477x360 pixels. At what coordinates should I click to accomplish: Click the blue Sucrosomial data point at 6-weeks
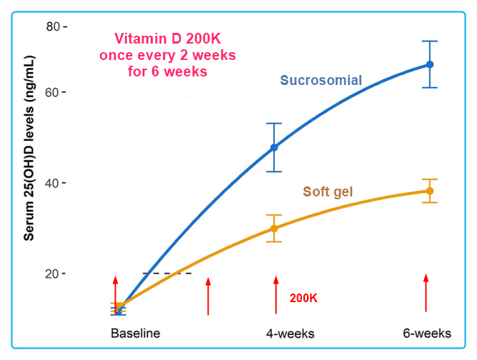pyautogui.click(x=430, y=64)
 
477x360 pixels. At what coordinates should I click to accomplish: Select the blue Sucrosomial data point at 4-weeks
pyautogui.click(x=274, y=148)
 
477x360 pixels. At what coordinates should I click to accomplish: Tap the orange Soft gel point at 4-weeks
pyautogui.click(x=274, y=229)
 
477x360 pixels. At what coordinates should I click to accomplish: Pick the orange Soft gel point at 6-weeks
pyautogui.click(x=430, y=191)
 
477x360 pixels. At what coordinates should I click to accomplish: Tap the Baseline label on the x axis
pyautogui.click(x=135, y=334)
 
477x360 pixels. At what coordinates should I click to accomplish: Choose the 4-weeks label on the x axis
pyautogui.click(x=290, y=334)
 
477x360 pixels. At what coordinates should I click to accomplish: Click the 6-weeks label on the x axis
pyautogui.click(x=426, y=334)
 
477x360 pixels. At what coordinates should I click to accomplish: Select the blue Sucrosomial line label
pyautogui.click(x=321, y=80)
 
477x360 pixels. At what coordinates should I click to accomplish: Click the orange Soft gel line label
pyautogui.click(x=328, y=191)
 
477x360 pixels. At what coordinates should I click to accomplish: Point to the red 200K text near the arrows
pyautogui.click(x=303, y=298)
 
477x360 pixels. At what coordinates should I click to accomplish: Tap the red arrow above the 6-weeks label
pyautogui.click(x=426, y=293)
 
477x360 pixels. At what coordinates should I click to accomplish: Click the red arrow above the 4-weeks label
pyautogui.click(x=276, y=294)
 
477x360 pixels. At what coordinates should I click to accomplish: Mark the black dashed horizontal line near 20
pyautogui.click(x=167, y=274)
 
